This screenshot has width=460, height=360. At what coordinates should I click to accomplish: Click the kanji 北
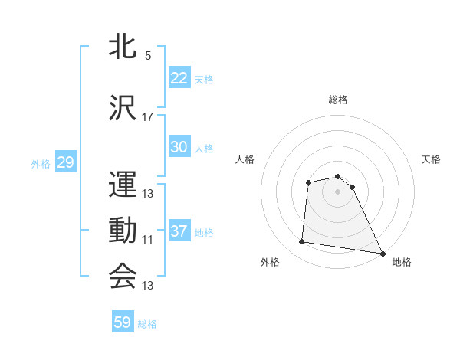(x=123, y=47)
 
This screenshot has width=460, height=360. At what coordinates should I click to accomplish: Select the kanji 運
(x=123, y=183)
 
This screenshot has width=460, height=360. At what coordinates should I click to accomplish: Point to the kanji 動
(x=123, y=229)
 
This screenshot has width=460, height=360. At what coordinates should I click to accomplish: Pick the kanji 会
(x=123, y=276)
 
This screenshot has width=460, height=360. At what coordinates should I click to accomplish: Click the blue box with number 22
(x=179, y=78)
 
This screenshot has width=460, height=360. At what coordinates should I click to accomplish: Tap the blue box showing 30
(x=179, y=147)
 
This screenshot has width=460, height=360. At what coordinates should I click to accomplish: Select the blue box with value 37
(x=179, y=231)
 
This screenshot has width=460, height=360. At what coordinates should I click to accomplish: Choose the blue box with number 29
(x=65, y=162)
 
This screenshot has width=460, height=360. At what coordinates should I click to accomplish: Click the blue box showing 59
(x=123, y=322)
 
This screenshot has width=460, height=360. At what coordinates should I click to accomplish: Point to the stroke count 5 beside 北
(x=148, y=55)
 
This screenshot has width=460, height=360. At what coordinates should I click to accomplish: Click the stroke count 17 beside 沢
(x=148, y=116)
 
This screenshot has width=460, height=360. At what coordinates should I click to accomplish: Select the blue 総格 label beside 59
(x=148, y=324)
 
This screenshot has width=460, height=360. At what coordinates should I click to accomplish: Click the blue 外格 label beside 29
(x=41, y=163)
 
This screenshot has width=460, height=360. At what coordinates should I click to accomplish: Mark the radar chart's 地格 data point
(x=383, y=254)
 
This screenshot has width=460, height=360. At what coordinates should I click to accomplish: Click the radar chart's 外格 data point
(x=302, y=242)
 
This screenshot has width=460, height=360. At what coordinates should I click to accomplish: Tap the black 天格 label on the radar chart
(x=432, y=159)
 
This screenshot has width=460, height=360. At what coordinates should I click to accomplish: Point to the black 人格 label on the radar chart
(x=245, y=159)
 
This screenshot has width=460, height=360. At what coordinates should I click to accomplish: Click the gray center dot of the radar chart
(x=338, y=191)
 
